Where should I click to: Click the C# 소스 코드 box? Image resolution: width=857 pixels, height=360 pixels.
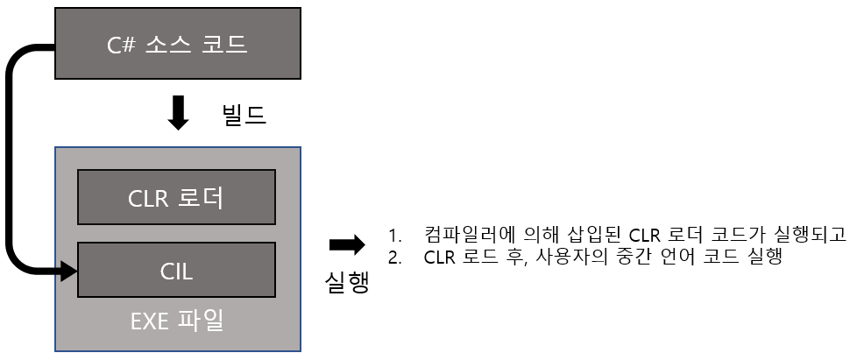tap(179, 43)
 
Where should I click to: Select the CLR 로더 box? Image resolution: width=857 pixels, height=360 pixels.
tap(177, 198)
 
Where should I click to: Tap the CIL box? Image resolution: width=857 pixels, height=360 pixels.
tap(177, 270)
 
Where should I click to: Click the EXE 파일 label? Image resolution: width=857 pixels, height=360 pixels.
tap(179, 320)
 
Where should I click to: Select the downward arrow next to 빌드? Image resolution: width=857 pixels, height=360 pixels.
tap(179, 113)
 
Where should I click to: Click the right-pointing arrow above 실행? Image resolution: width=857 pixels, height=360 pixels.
tap(345, 244)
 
